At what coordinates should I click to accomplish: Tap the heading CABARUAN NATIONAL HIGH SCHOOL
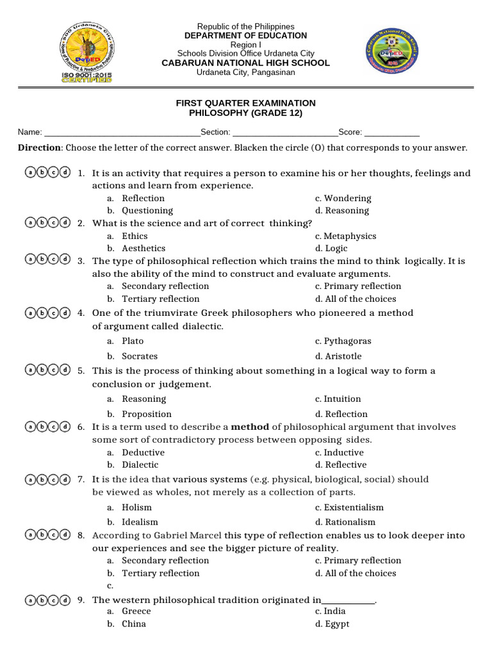pyautogui.click(x=246, y=63)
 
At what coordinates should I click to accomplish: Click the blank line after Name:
pyautogui.click(x=121, y=133)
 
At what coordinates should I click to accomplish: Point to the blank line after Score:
pyautogui.click(x=391, y=133)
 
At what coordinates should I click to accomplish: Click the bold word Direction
pyautogui.click(x=38, y=148)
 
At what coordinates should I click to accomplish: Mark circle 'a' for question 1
pyautogui.click(x=30, y=173)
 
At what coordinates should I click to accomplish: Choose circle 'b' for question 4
pyautogui.click(x=42, y=313)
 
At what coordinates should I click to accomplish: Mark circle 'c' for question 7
pyautogui.click(x=53, y=479)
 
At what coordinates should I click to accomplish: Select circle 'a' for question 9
pyautogui.click(x=30, y=600)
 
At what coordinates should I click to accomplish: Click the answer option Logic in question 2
pyautogui.click(x=336, y=249)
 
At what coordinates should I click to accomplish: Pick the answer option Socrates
pyautogui.click(x=140, y=356)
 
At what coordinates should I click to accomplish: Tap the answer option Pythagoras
pyautogui.click(x=347, y=341)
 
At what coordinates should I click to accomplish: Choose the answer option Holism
pyautogui.click(x=136, y=507)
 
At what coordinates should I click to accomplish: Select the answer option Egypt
pyautogui.click(x=337, y=624)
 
